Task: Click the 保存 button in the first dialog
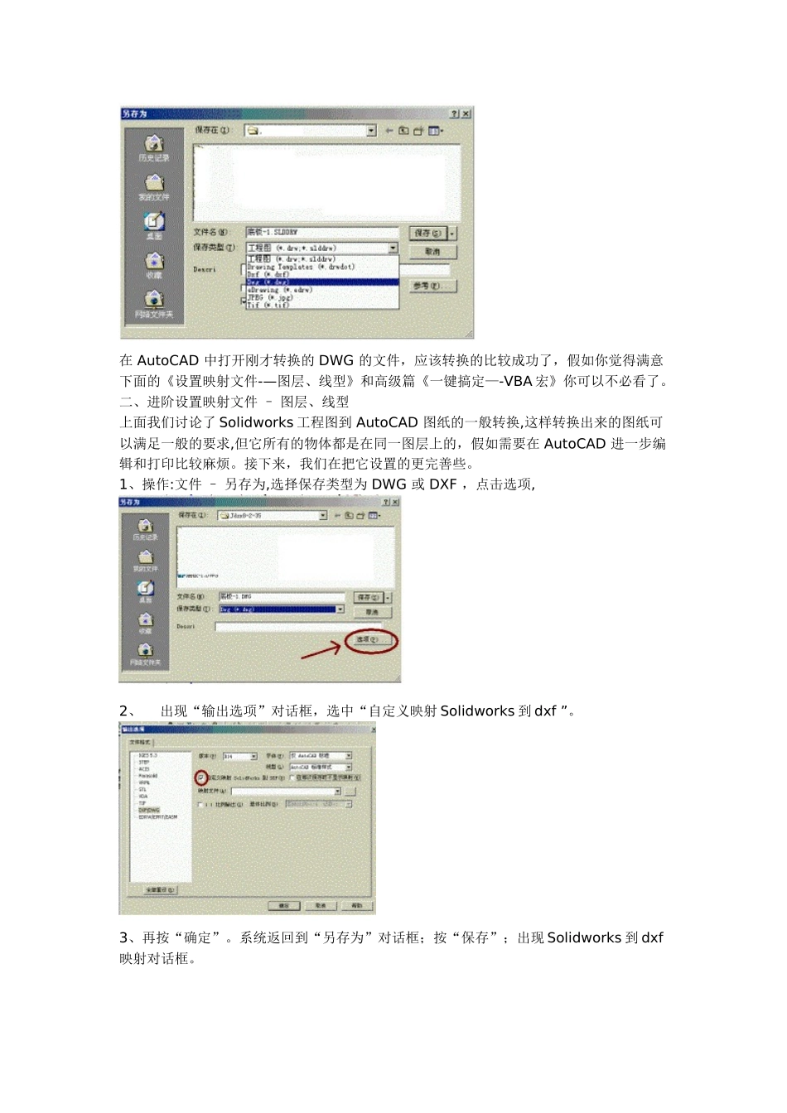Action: point(428,234)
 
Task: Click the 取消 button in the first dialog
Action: point(432,252)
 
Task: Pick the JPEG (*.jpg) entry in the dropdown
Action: point(271,297)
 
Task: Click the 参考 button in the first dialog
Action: point(432,286)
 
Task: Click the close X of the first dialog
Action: point(466,113)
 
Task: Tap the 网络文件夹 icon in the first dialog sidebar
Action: point(154,301)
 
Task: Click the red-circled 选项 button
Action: point(368,640)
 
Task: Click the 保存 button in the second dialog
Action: point(368,597)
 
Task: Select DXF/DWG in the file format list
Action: point(149,810)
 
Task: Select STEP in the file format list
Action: point(144,763)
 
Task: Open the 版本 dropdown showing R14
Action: point(240,756)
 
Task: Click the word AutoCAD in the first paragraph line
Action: point(167,361)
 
